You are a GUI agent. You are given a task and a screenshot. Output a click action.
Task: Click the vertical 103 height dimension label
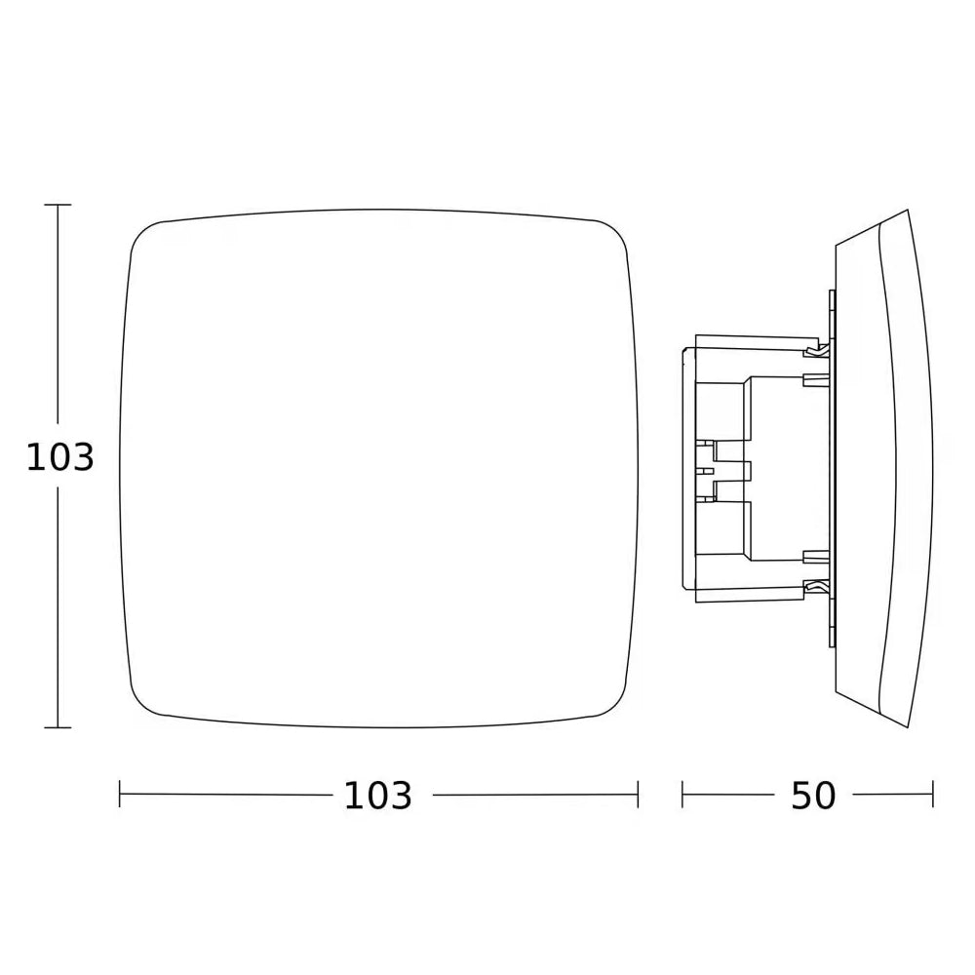pos(59,457)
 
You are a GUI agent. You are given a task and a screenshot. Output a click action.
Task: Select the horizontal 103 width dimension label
pos(378,796)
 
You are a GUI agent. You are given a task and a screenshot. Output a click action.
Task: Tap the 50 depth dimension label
pos(813,796)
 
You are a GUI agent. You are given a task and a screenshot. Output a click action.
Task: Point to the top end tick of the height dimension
pos(58,205)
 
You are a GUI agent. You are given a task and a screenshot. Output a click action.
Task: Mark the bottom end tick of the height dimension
pos(58,727)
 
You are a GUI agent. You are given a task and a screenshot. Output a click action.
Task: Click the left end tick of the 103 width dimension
pos(119,795)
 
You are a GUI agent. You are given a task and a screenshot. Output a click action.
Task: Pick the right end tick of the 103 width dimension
pos(638,795)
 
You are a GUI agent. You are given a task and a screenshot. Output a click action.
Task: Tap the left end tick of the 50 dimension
pos(682,795)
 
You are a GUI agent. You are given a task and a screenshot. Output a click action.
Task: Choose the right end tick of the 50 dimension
pos(933,795)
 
